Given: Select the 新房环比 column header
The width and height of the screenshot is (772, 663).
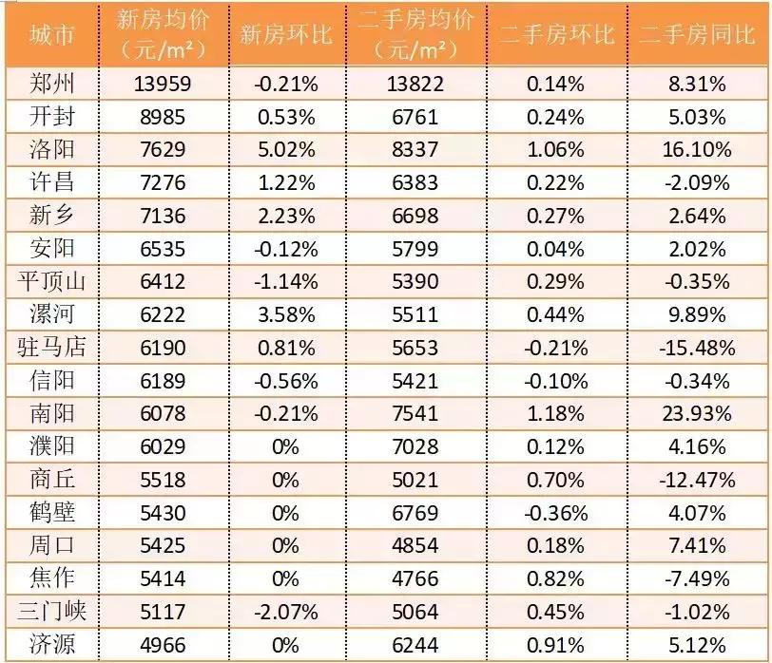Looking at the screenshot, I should (x=285, y=34).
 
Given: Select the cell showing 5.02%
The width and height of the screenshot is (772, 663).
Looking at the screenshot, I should (x=285, y=149).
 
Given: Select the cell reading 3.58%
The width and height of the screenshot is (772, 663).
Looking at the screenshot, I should (x=285, y=314).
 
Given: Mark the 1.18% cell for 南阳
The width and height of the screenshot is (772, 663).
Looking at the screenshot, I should (x=556, y=413).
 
